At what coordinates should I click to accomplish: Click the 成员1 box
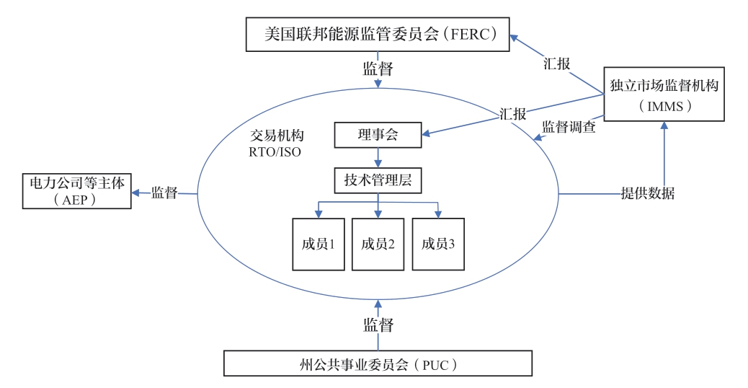(316, 244)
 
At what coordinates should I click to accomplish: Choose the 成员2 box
(378, 244)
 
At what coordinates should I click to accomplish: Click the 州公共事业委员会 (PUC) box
(379, 363)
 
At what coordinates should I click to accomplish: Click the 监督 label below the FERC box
(378, 69)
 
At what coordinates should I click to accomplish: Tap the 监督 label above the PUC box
(378, 325)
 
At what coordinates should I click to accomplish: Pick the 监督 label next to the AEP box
(164, 193)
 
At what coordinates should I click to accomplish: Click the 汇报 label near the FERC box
(556, 63)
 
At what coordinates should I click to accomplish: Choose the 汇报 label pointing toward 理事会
(512, 114)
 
